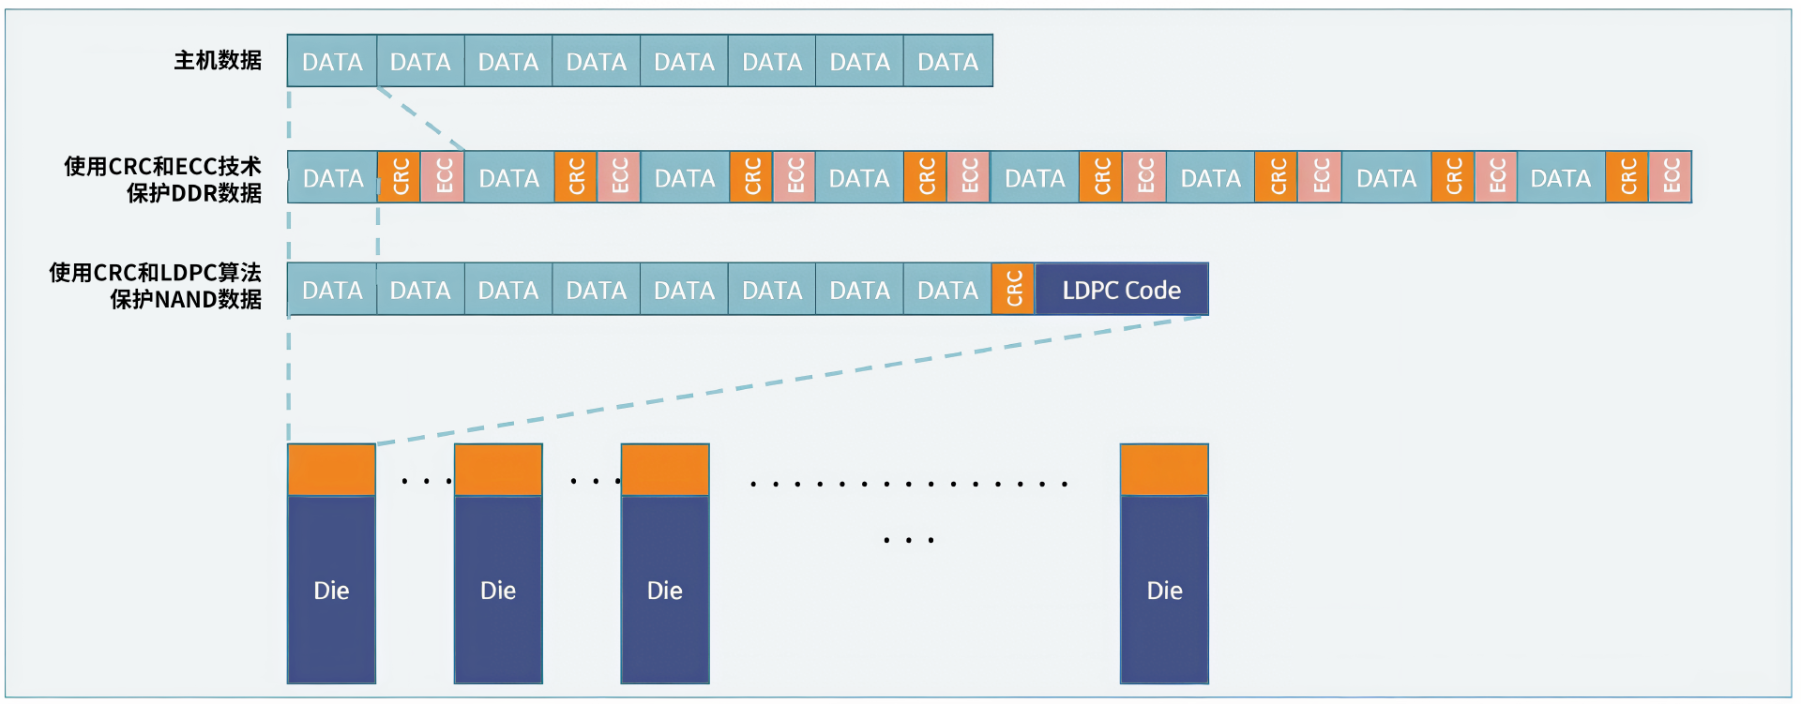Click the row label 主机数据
point(218,61)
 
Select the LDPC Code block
point(1121,291)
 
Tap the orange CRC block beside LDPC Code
point(1013,290)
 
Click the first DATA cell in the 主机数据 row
point(332,62)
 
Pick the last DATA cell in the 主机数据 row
point(947,62)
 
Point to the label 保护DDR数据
point(194,193)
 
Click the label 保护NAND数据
point(186,300)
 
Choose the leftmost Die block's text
point(331,591)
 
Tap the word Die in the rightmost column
point(1164,591)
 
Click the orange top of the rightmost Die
point(1164,470)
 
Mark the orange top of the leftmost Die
point(331,470)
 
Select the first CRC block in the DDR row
point(400,177)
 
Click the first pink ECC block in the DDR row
point(443,177)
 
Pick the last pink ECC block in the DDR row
point(1671,177)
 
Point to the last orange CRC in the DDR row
point(1627,177)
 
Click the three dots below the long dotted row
point(908,541)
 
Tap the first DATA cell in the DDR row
point(333,178)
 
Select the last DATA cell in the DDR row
point(1561,178)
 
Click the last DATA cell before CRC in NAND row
point(947,291)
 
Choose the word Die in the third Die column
point(665,591)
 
